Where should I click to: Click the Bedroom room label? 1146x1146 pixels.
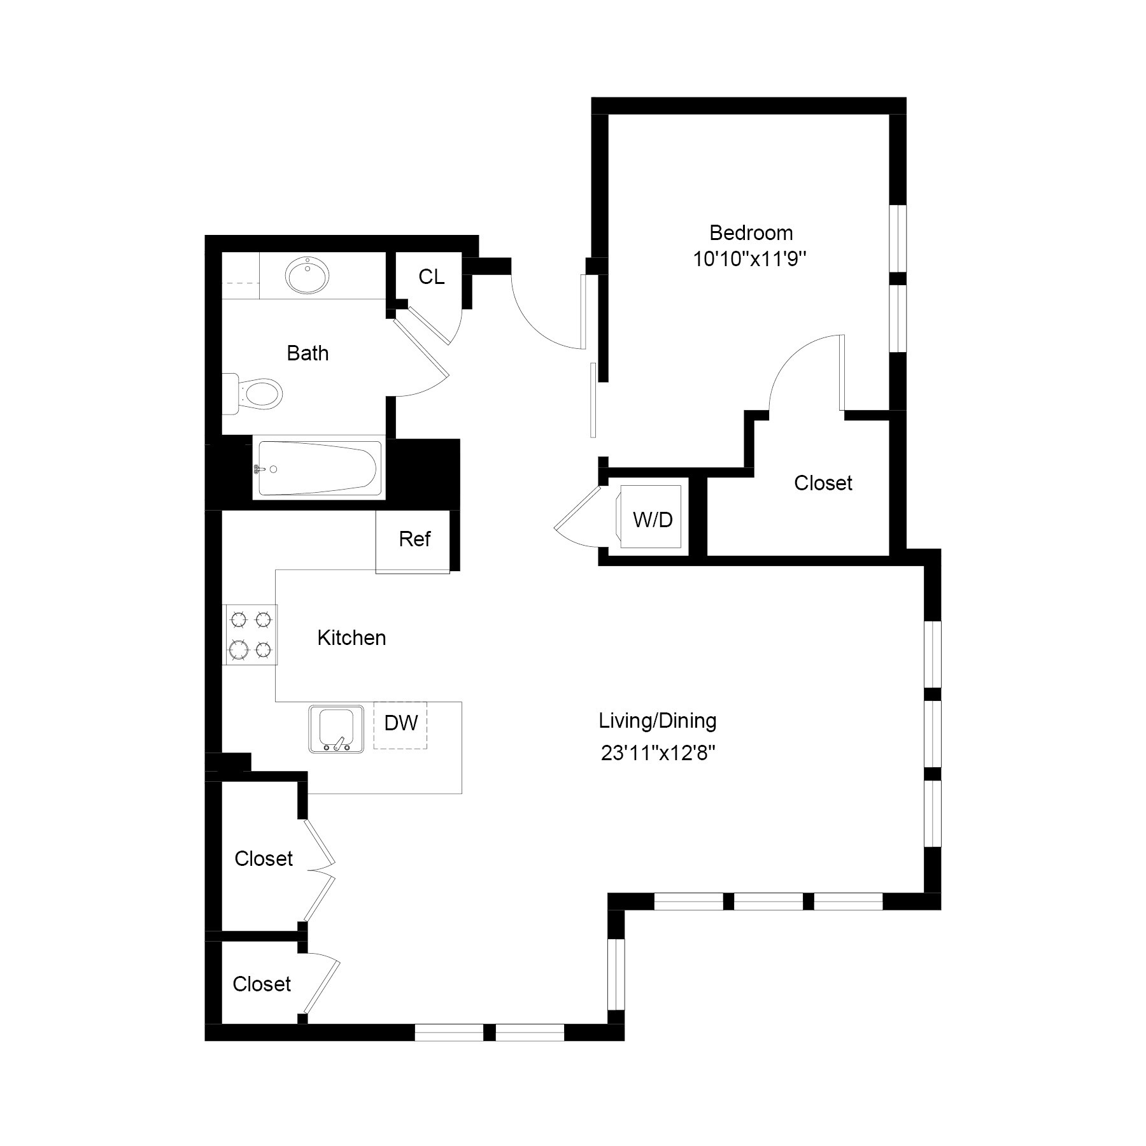[x=751, y=233]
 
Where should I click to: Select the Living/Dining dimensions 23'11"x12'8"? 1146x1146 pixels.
[x=658, y=754]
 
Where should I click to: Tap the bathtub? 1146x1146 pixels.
[x=318, y=469]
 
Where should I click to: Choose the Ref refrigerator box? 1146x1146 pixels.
[x=414, y=540]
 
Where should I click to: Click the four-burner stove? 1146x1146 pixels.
[x=250, y=634]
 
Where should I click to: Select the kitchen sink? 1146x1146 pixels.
[x=336, y=729]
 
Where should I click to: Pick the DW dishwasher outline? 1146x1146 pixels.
[x=400, y=724]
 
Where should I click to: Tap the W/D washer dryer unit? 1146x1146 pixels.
[x=651, y=519]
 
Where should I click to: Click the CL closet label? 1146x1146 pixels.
[x=431, y=277]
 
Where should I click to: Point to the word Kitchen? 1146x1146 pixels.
[x=351, y=638]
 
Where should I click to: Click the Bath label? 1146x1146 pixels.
[x=308, y=353]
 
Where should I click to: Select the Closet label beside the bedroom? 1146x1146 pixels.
[x=823, y=483]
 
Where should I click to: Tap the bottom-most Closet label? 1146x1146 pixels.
[x=262, y=984]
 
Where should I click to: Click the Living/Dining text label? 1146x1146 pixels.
[x=658, y=721]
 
